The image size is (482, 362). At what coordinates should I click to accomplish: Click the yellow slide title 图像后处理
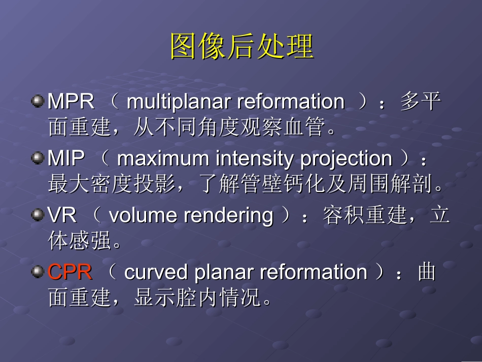coord(242,47)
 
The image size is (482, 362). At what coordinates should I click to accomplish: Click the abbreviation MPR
coord(71,102)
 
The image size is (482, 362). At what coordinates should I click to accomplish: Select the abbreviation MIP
coord(66,159)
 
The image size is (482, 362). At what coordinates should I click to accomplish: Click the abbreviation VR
coord(62,216)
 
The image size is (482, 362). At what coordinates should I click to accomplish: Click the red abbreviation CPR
coord(70,273)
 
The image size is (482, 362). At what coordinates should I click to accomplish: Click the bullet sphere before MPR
coord(38,101)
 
